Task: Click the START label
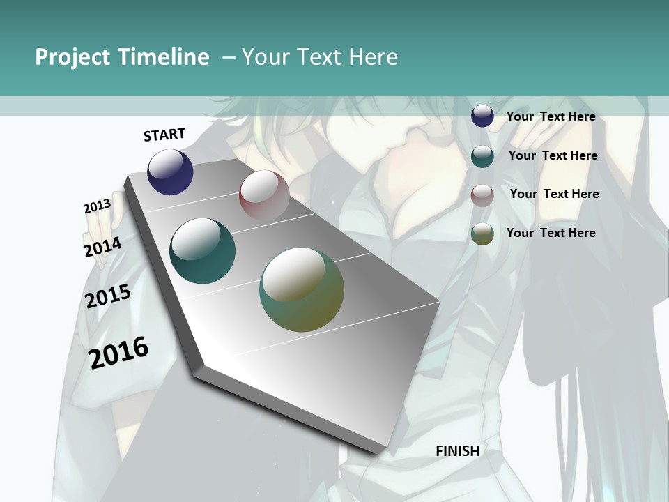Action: (164, 135)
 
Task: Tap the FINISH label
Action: (458, 451)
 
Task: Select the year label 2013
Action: (97, 206)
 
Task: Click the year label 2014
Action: (102, 248)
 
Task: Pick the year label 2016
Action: (118, 353)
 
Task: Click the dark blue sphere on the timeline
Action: (170, 172)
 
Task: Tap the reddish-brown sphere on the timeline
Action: (264, 195)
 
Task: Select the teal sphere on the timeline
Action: (202, 251)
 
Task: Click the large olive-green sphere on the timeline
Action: (302, 289)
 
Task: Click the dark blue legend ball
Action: (482, 116)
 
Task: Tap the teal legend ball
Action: (482, 155)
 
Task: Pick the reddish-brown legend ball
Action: (482, 195)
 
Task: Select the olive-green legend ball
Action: (482, 234)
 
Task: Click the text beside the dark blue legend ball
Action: (551, 116)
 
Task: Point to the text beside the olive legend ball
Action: (551, 233)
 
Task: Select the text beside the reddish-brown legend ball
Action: (554, 194)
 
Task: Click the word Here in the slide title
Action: (373, 57)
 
